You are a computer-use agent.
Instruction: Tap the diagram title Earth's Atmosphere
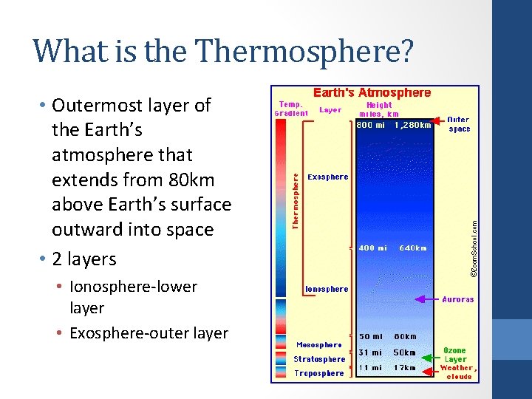[372, 93]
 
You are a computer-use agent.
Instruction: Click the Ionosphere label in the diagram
[327, 289]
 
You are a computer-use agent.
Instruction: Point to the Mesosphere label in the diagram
[319, 344]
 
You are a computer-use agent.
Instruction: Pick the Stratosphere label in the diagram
[319, 359]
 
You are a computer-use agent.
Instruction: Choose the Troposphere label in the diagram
[319, 373]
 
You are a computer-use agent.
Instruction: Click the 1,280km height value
[413, 125]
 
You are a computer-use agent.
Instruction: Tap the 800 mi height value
[371, 125]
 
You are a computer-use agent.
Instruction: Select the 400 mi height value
[372, 248]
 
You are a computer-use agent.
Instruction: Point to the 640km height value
[413, 248]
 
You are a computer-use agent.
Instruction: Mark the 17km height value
[405, 367]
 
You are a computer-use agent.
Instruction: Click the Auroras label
[457, 299]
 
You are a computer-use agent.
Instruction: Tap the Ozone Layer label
[455, 355]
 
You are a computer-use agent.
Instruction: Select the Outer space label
[458, 123]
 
